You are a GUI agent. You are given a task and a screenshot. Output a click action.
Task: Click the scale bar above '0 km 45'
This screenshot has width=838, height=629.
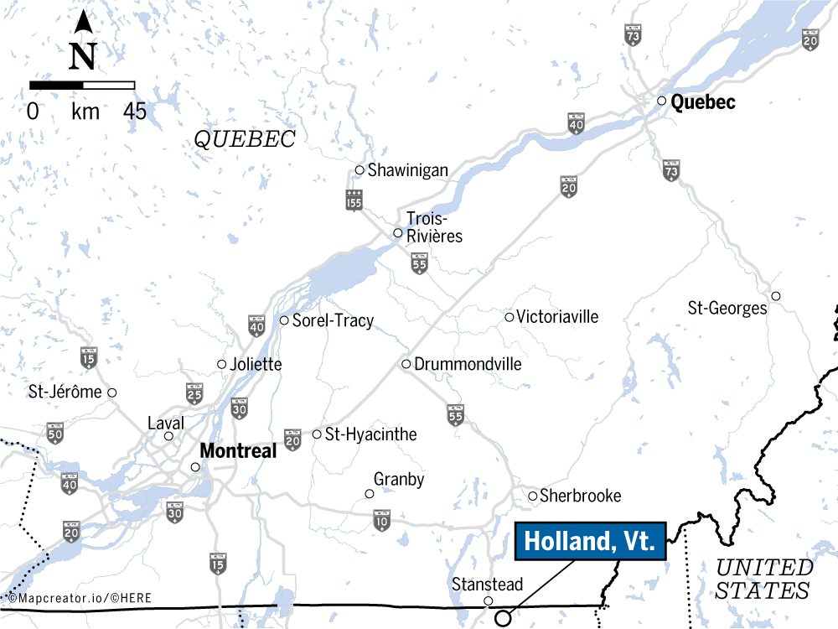point(82,85)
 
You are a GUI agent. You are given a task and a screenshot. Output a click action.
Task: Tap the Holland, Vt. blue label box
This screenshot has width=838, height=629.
point(589,542)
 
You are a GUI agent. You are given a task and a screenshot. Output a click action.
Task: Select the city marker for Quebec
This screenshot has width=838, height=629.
point(661,101)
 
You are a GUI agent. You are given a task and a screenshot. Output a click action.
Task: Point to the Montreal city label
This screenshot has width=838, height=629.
point(238,451)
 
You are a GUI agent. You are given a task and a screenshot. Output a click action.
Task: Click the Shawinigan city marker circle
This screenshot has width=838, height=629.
point(360,170)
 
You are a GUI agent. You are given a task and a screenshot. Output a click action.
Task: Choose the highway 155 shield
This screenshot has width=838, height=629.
point(354,200)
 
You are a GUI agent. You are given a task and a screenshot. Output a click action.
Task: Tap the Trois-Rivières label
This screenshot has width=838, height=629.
point(434,227)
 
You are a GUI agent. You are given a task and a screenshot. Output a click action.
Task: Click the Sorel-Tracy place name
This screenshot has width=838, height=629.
point(333,320)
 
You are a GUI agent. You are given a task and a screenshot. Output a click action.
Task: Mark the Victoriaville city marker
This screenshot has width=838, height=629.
point(509,317)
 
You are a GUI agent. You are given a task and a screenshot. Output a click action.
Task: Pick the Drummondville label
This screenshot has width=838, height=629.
point(468,364)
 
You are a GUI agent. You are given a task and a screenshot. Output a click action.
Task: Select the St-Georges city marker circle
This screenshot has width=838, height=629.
point(776,296)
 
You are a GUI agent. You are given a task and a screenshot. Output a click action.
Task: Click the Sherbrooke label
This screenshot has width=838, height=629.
point(581,496)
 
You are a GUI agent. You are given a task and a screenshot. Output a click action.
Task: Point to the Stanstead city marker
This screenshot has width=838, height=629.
point(489,600)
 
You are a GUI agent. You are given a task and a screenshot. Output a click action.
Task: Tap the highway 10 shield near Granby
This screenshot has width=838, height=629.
point(382,520)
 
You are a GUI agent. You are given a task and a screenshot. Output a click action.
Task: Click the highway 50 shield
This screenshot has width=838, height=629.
point(56,434)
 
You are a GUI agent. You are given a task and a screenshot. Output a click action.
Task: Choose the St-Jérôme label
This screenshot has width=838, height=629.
point(65,392)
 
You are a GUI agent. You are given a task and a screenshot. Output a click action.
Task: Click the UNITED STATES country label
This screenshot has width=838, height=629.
point(763,579)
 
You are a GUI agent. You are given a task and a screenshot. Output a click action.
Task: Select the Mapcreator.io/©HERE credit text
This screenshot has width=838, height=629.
point(65,599)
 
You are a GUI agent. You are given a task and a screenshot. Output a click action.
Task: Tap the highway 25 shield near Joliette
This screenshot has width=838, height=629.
point(194,392)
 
